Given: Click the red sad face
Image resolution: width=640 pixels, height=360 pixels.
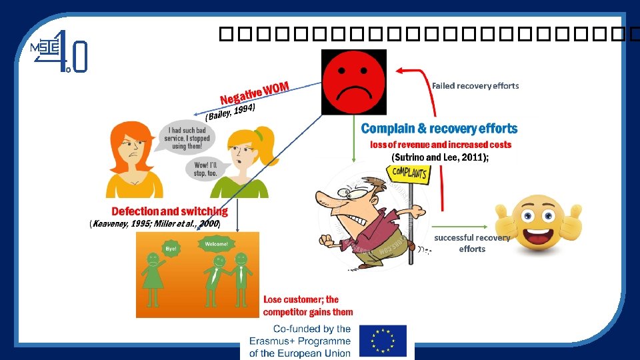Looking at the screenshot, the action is click(x=353, y=83).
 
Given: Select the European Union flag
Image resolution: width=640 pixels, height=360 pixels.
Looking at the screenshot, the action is click(x=383, y=340).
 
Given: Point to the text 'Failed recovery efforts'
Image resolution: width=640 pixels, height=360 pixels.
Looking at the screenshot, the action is click(x=475, y=85).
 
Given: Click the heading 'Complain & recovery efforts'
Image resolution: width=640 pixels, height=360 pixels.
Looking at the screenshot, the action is click(x=439, y=128).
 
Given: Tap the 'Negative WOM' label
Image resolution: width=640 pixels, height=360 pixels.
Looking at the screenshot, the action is click(x=254, y=93).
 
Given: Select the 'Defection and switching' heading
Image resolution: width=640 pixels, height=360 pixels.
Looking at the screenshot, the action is click(x=169, y=211).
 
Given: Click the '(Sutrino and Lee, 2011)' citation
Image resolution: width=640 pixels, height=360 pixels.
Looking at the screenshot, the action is click(x=440, y=157).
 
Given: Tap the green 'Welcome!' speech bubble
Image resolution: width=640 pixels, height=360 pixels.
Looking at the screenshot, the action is click(x=215, y=244).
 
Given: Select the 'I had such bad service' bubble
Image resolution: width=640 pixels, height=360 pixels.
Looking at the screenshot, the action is click(x=188, y=137).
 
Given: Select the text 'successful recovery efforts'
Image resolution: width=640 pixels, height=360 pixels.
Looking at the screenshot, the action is click(x=472, y=243).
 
